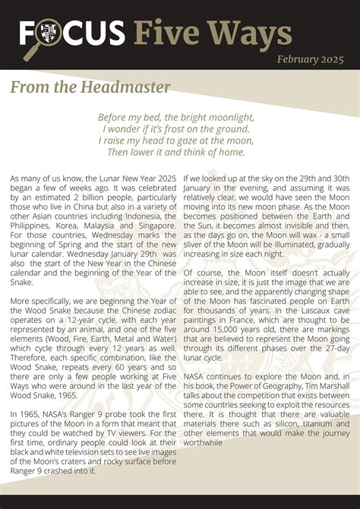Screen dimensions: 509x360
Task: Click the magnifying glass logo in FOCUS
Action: [x=44, y=33]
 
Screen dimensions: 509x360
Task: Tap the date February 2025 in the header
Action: [x=310, y=59]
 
